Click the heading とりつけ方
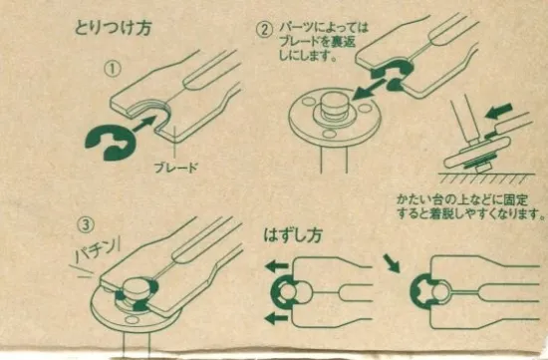point(113,28)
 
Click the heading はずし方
point(293,235)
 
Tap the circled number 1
point(113,69)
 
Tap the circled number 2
point(264,30)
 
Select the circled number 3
point(87,225)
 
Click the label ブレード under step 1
point(176,168)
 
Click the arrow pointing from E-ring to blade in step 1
point(144,125)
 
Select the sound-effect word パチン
point(95,251)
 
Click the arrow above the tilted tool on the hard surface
point(499,112)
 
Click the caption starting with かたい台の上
point(470,207)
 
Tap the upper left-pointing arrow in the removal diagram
point(278,267)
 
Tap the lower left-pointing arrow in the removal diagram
point(277,318)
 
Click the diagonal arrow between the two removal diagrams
point(392,263)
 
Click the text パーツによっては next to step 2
point(324,28)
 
